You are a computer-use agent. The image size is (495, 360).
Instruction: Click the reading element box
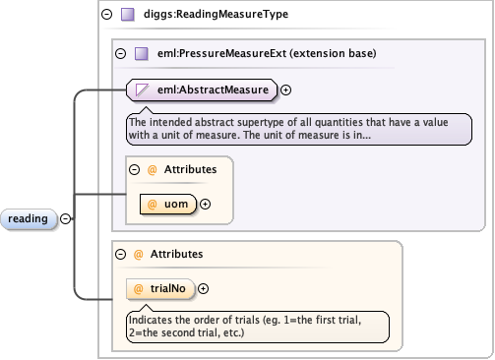(x=28, y=218)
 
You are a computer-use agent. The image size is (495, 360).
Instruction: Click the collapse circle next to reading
(x=66, y=218)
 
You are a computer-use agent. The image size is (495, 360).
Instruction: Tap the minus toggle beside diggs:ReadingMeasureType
(x=106, y=15)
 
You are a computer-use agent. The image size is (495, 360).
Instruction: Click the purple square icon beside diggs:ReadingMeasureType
(x=127, y=15)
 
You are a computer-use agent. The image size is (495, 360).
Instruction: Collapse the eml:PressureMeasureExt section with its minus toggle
(x=120, y=53)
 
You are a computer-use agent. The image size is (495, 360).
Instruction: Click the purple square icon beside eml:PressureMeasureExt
(x=141, y=53)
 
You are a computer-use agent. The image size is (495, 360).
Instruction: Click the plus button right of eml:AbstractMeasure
(x=286, y=90)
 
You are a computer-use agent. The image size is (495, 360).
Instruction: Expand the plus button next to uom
(x=206, y=205)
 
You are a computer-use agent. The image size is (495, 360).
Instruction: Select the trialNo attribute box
(x=162, y=288)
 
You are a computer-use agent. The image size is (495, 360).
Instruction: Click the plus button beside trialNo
(x=204, y=288)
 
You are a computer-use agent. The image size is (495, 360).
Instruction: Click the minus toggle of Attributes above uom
(x=134, y=169)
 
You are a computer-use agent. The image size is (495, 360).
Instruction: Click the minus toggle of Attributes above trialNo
(x=120, y=253)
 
